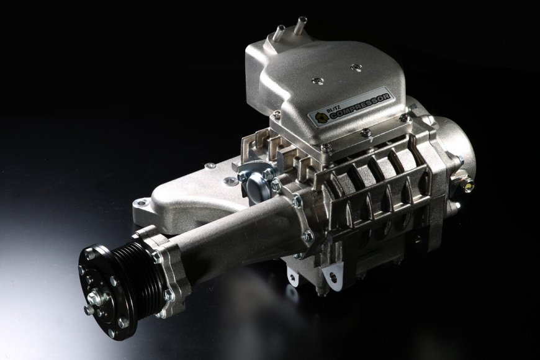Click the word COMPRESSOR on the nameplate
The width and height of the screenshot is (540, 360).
coord(360,105)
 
